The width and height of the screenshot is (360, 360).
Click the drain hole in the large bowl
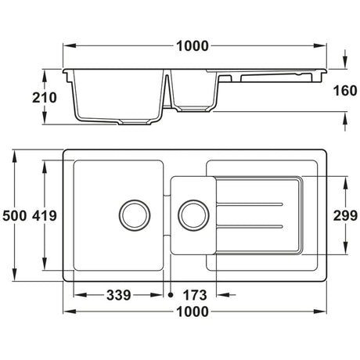tap(134, 213)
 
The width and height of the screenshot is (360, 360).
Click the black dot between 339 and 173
tap(171, 295)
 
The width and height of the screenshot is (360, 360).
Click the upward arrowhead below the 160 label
tap(345, 116)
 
